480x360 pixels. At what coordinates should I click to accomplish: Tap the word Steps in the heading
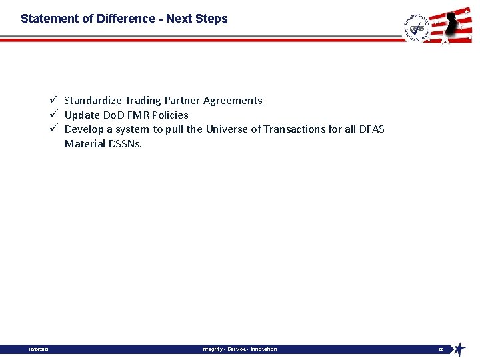212,19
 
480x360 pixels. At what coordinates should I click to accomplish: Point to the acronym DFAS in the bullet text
371,129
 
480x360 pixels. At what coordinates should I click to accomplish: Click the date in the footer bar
37,349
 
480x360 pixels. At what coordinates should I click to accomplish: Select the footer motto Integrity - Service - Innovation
239,349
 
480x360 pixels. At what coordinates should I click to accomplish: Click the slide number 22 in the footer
441,349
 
